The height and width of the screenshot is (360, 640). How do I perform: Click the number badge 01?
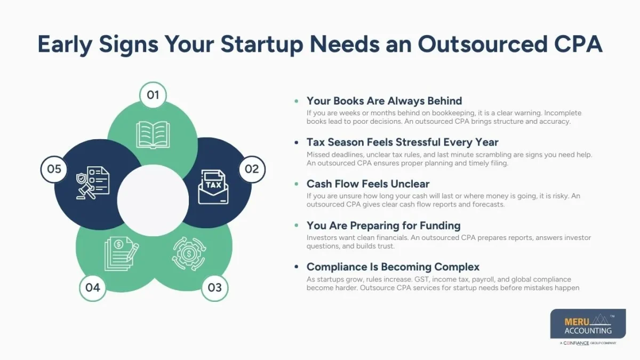point(153,95)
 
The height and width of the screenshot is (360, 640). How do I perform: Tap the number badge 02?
point(252,169)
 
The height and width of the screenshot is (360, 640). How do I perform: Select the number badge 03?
point(214,288)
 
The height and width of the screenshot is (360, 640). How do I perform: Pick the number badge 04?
point(93,288)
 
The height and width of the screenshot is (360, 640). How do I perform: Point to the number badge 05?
point(54,169)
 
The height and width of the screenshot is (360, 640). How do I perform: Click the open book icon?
point(153,134)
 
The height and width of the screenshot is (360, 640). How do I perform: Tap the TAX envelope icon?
point(213,187)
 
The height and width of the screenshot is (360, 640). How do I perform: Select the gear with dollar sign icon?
point(189,253)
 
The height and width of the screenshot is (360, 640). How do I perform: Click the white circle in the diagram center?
point(153,200)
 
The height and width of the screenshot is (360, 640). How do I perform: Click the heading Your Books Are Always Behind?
point(384,101)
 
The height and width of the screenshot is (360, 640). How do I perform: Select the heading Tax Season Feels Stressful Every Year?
point(402,142)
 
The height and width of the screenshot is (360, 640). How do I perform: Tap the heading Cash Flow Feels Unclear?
point(367,184)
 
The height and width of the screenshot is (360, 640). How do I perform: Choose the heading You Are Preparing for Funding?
point(383,225)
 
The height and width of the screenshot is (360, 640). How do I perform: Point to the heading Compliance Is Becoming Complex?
point(393,267)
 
